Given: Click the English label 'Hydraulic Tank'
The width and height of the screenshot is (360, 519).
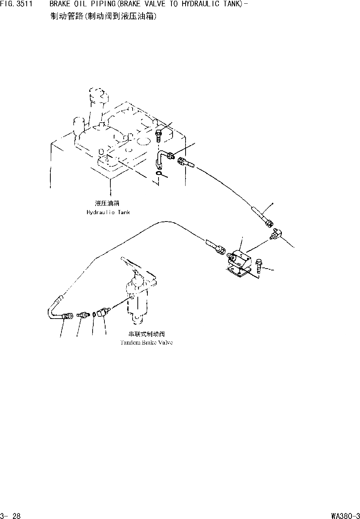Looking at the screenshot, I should pyautogui.click(x=108, y=212).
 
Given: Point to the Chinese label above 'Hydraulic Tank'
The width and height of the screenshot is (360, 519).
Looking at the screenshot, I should pyautogui.click(x=107, y=203).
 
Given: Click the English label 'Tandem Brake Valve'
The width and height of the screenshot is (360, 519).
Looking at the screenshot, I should pyautogui.click(x=147, y=343).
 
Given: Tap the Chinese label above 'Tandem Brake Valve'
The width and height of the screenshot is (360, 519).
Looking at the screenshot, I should pyautogui.click(x=147, y=334).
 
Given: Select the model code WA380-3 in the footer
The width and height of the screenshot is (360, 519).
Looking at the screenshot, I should pyautogui.click(x=346, y=515).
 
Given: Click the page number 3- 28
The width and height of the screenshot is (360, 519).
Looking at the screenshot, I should pyautogui.click(x=11, y=515).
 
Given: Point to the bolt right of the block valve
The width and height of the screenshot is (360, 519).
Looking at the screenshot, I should pyautogui.click(x=259, y=265).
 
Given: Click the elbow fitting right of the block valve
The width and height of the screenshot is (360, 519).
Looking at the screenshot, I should pyautogui.click(x=276, y=234).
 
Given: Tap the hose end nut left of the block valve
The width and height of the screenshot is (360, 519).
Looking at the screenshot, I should pyautogui.click(x=222, y=250).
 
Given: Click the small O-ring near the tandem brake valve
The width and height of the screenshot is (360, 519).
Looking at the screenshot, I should pyautogui.click(x=94, y=315).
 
